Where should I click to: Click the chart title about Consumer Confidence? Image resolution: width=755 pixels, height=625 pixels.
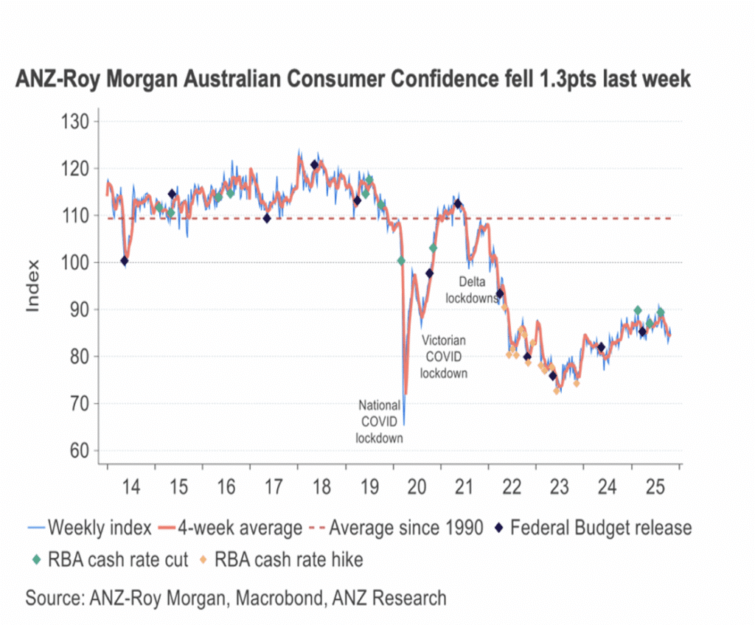353,80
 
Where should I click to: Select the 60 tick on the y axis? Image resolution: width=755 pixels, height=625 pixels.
77,451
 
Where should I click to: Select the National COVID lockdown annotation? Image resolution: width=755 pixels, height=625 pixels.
380,422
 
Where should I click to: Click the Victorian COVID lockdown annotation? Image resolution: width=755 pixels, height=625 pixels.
444,357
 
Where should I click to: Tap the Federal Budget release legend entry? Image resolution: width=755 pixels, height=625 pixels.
594,528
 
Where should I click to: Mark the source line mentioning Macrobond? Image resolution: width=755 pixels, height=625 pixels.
236,597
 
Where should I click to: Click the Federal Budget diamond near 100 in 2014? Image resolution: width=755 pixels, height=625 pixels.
124,260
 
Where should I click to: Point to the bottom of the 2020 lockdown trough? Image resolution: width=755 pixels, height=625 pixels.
404,425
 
